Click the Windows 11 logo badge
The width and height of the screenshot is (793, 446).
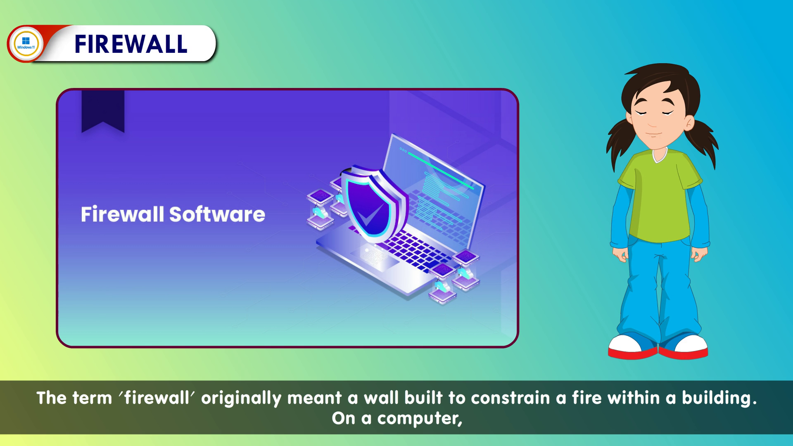coord(26,43)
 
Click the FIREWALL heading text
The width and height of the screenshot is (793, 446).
coord(131,44)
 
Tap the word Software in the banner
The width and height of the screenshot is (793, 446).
coord(217,214)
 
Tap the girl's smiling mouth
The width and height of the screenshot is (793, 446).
coord(653,134)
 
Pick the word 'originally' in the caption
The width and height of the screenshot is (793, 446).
coord(241,399)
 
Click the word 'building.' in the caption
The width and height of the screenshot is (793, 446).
coord(719,398)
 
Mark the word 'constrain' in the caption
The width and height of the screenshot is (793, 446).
coord(510,398)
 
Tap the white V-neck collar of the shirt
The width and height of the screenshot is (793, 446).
coord(660,156)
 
